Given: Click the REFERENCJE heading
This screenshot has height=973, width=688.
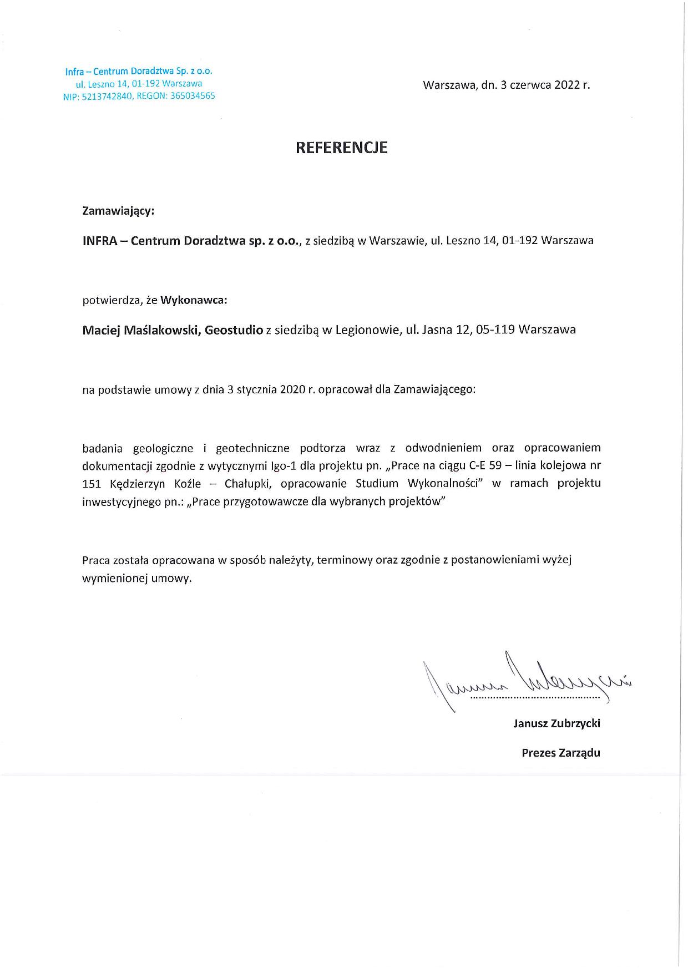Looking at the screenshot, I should [341, 148].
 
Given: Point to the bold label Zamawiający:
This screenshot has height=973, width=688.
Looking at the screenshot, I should [118, 211].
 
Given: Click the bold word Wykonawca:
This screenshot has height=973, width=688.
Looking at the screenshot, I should [194, 300].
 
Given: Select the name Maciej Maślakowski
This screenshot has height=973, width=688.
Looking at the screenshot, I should [140, 330].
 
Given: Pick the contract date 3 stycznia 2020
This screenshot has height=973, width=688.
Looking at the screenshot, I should [265, 389].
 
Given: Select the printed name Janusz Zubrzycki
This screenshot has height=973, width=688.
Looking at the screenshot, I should [557, 723].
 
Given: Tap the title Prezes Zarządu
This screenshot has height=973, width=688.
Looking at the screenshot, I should [560, 753].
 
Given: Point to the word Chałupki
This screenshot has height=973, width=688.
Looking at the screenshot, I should [248, 484].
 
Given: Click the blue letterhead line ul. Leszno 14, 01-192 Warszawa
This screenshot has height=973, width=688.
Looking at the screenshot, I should [139, 84].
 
